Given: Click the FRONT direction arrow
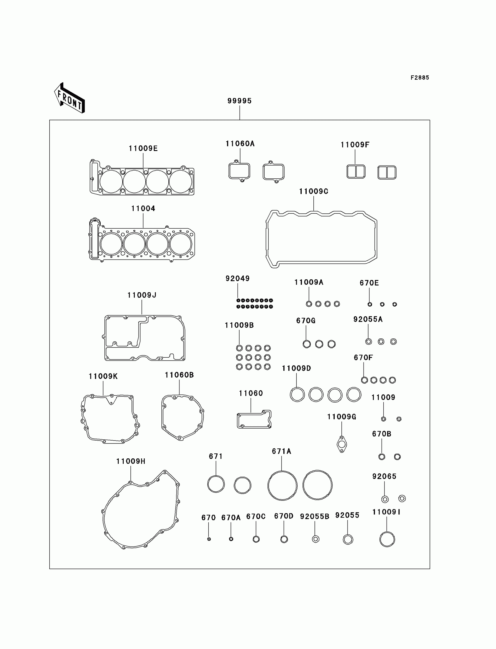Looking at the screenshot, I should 70,98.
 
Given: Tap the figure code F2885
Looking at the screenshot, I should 420,78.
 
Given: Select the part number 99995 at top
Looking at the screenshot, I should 240,101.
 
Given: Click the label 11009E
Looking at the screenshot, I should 143,149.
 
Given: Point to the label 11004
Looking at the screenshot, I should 143,208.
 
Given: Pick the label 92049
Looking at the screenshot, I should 238,279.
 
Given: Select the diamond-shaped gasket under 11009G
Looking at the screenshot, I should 342,444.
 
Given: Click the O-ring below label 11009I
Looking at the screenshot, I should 387,539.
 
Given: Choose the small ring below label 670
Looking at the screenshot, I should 209,539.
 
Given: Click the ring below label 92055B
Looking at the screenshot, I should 316,539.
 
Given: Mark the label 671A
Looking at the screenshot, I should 281,451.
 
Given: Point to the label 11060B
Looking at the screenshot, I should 179,375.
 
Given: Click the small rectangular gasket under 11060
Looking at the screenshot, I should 254,427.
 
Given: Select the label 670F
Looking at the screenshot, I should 363,358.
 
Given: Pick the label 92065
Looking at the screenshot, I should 384,476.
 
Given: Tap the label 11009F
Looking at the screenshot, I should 355,145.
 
